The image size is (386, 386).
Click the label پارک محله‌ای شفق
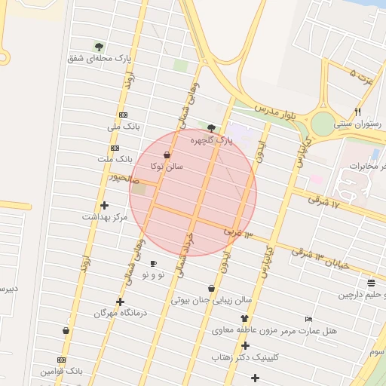click(x=99, y=58)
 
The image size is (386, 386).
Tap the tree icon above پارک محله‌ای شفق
click(x=99, y=47)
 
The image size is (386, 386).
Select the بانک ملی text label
click(x=124, y=126)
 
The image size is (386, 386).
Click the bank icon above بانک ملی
click(x=123, y=115)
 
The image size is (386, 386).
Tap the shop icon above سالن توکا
click(x=166, y=155)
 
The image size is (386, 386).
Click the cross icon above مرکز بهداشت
click(x=104, y=205)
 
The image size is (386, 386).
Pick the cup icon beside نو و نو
click(x=153, y=264)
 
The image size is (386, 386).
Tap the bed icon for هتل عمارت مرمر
click(x=308, y=319)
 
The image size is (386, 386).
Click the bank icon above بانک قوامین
click(x=61, y=360)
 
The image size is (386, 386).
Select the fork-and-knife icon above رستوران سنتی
click(x=357, y=112)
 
